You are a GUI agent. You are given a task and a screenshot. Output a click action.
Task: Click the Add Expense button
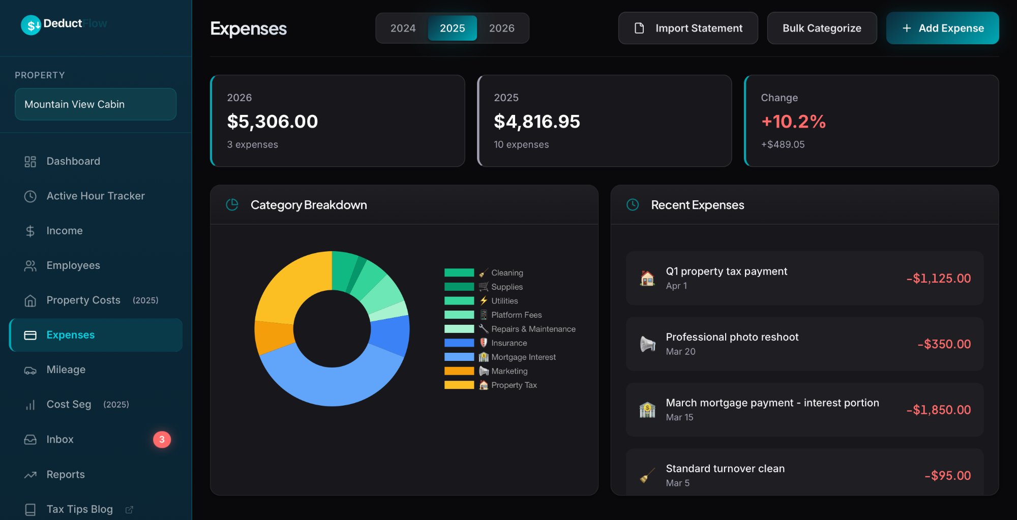click(942, 28)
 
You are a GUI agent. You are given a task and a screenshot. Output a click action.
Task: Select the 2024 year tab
click(403, 28)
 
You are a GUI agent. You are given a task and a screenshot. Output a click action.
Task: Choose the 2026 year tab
click(501, 28)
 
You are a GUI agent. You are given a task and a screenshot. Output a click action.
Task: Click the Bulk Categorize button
click(821, 28)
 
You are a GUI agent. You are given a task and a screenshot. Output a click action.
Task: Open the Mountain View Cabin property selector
click(96, 104)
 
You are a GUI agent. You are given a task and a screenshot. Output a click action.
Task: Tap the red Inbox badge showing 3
click(162, 439)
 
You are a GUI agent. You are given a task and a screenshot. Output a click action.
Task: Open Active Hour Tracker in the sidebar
click(95, 196)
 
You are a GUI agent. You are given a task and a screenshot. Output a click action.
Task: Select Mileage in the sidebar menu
click(66, 370)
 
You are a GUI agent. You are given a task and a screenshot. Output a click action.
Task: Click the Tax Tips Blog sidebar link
click(79, 509)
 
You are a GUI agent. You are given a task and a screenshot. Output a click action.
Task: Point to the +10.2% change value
click(793, 121)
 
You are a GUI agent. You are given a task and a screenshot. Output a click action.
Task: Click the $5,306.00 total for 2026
click(272, 121)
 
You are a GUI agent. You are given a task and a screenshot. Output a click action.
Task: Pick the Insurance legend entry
click(508, 343)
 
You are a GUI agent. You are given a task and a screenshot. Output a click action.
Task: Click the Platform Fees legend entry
click(516, 315)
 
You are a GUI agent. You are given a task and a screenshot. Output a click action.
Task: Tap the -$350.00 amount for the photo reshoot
click(944, 344)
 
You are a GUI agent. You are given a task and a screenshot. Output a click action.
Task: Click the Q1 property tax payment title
click(726, 271)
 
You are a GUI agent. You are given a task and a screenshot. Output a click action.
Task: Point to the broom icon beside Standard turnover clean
click(647, 476)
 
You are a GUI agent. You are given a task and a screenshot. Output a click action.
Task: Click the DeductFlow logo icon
click(31, 24)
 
